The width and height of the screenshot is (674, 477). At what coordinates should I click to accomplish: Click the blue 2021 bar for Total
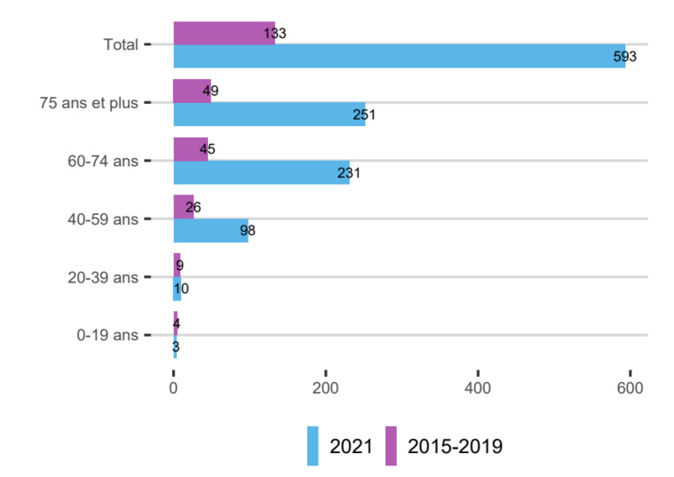[x=399, y=56]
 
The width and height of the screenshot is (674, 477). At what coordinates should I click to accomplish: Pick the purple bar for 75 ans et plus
[x=192, y=91]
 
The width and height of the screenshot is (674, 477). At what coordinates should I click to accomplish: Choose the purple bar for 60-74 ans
[x=190, y=149]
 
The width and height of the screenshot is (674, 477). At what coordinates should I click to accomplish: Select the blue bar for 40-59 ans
[x=210, y=230]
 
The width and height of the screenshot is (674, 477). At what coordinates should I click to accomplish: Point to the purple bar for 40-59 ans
[x=183, y=207]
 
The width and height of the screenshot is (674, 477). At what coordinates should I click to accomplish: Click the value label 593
[x=625, y=57]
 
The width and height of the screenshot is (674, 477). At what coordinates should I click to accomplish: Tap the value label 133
[x=274, y=34]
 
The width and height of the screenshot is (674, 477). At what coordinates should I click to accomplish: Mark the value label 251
[x=365, y=115]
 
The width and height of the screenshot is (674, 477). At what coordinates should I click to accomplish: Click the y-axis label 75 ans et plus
[x=89, y=102]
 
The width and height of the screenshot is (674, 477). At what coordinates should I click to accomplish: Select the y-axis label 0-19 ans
[x=107, y=335]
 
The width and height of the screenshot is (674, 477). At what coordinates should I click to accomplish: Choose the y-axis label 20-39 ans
[x=104, y=277]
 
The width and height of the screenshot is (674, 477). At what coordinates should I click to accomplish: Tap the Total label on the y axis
[x=121, y=44]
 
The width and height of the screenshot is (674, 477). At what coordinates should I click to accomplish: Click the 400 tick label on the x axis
[x=478, y=388]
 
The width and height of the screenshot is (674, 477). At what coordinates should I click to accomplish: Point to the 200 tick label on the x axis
[x=326, y=388]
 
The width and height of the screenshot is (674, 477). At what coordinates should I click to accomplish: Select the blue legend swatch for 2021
[x=313, y=446]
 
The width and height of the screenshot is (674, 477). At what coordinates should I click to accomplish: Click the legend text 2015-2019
[x=455, y=446]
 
